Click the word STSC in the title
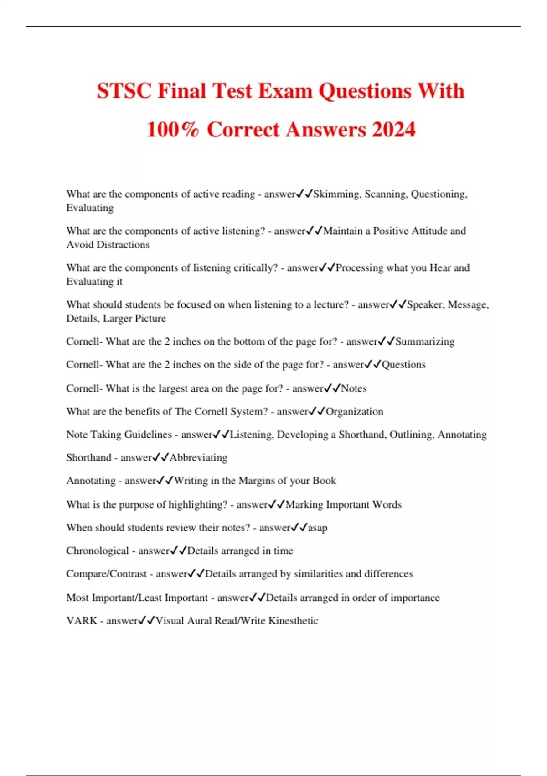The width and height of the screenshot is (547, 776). click(124, 91)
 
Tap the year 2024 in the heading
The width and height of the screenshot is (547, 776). click(393, 130)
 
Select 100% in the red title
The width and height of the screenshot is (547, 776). click(173, 130)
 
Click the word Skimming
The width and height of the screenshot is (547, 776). click(336, 194)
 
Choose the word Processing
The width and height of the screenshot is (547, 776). click(359, 268)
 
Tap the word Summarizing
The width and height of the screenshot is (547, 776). click(425, 341)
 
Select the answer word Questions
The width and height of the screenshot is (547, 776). click(403, 365)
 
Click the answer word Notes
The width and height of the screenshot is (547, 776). click(354, 388)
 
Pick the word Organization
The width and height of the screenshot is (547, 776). click(354, 412)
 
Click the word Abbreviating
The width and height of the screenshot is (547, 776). click(198, 458)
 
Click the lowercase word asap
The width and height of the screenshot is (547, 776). click(317, 528)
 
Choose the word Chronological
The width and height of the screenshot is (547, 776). click(98, 551)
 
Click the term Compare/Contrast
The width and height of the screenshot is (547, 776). click(107, 574)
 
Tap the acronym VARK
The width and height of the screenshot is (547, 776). click(82, 621)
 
